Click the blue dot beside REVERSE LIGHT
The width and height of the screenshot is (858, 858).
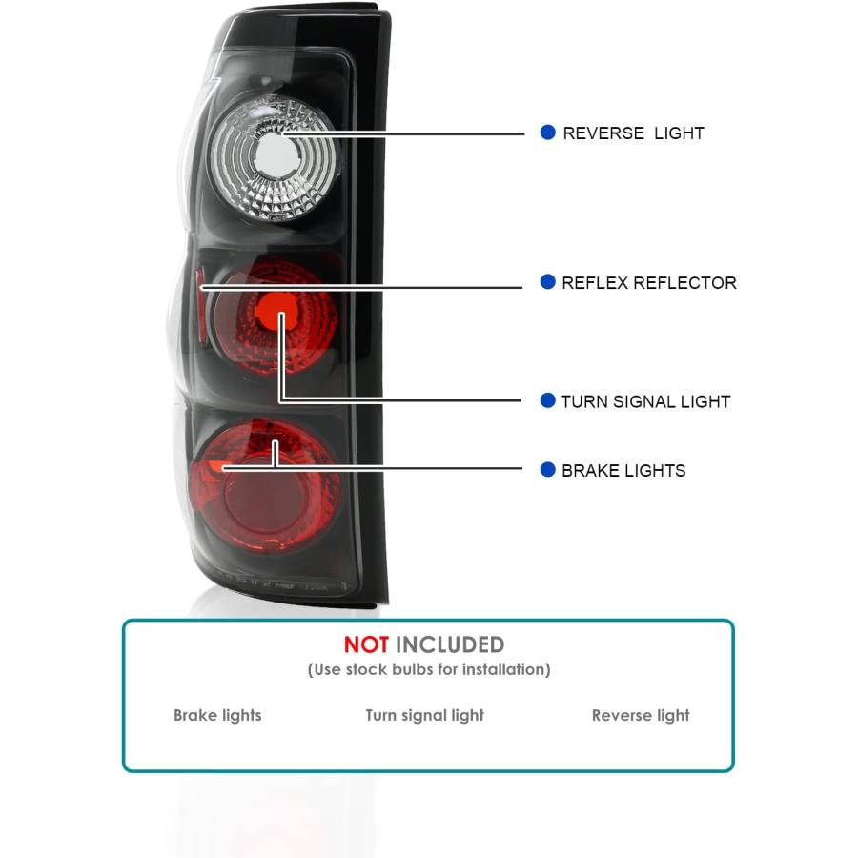547,132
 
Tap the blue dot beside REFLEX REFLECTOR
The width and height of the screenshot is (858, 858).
547,281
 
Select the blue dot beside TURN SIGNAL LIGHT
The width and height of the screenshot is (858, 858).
547,400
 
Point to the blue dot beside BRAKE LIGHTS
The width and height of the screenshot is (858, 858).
547,469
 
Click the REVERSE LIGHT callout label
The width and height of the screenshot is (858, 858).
633,133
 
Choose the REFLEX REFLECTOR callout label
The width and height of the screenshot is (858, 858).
649,283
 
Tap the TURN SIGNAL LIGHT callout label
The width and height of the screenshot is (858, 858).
645,401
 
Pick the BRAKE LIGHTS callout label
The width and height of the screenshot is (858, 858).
623,471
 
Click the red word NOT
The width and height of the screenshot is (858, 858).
366,644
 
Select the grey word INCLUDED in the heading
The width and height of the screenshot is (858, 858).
450,644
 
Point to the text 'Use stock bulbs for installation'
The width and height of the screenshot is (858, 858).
429,669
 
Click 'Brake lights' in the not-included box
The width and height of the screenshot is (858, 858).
217,715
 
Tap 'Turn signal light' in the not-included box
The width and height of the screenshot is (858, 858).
424,715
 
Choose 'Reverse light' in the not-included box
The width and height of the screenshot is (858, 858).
641,715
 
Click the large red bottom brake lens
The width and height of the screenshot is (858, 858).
265,487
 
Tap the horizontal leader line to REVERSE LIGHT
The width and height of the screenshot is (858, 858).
402,133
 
